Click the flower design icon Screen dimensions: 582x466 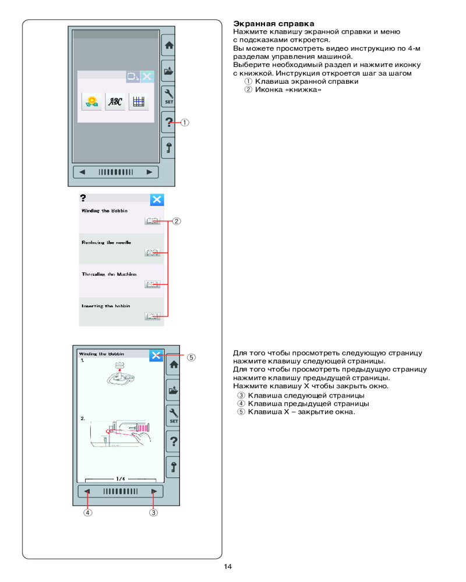[x=91, y=102]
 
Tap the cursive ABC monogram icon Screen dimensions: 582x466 [x=115, y=102]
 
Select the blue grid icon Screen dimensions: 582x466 [x=139, y=102]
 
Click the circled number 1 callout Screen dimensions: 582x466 [x=184, y=123]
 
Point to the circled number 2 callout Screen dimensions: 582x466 [x=176, y=221]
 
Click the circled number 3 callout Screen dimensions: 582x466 [x=153, y=513]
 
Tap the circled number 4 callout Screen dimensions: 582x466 [x=87, y=513]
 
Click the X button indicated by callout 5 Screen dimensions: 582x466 [x=156, y=355]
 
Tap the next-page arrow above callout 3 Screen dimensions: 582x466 [x=154, y=491]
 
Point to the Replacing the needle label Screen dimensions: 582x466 [x=106, y=242]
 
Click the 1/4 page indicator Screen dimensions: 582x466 [x=121, y=479]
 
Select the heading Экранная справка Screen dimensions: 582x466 [x=261, y=23]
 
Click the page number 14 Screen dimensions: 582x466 [x=228, y=567]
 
